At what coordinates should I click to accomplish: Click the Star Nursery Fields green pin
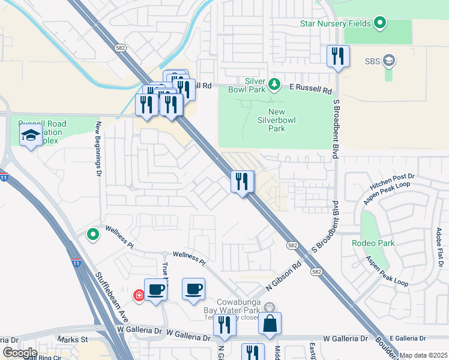pyautogui.click(x=379, y=24)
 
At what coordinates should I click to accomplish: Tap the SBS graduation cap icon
pyautogui.click(x=389, y=61)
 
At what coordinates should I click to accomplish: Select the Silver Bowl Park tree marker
pyautogui.click(x=274, y=83)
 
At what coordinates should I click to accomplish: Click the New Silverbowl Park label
pyautogui.click(x=276, y=120)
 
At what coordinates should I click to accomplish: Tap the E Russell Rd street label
pyautogui.click(x=310, y=89)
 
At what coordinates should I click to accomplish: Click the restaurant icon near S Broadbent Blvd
pyautogui.click(x=338, y=56)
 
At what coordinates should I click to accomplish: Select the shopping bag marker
pyautogui.click(x=270, y=323)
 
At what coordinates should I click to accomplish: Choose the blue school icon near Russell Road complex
pyautogui.click(x=31, y=136)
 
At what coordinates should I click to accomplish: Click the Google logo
pyautogui.click(x=19, y=353)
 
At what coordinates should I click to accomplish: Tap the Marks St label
pyautogui.click(x=73, y=340)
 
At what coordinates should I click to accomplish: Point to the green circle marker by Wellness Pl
pyautogui.click(x=92, y=235)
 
